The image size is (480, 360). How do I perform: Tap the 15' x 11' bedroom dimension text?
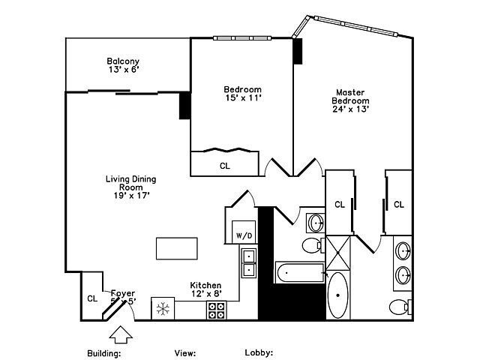242,97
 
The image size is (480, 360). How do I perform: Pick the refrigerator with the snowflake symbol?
163,308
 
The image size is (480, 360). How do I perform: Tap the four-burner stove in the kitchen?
217,310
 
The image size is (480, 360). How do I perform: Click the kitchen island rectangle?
176,248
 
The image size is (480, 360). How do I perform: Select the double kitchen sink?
248,263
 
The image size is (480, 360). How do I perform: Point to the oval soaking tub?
338,295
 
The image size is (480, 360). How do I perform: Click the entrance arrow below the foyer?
121,331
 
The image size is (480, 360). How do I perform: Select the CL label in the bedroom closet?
225,166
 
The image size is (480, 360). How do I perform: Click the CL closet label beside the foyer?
92,298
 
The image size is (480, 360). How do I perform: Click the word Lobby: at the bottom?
259,352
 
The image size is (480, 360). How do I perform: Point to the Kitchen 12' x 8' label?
205,289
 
